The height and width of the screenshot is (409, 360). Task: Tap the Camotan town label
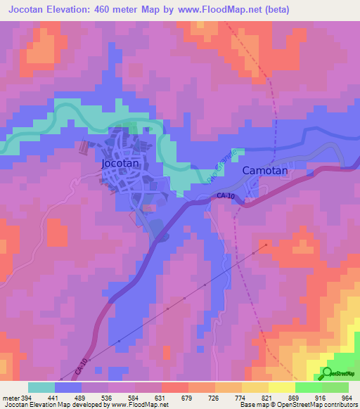(265, 171)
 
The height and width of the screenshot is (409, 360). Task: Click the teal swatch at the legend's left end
(41, 387)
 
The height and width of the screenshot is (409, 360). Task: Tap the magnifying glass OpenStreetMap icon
(328, 373)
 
